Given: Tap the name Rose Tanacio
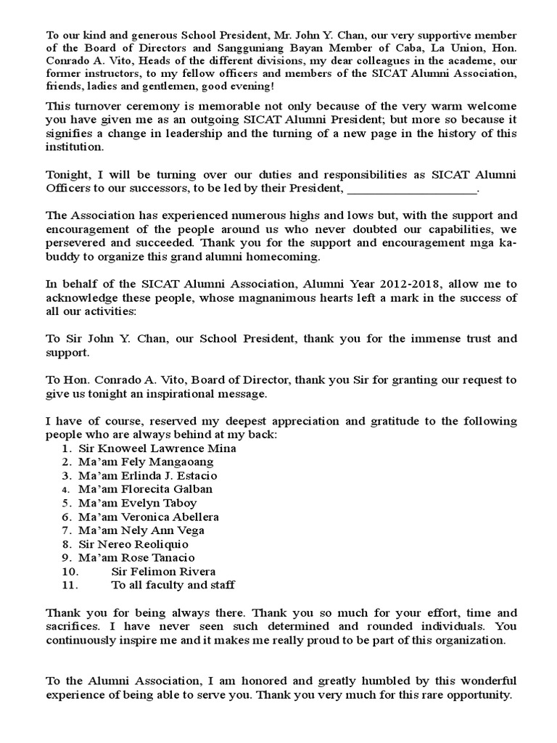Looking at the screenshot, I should click(x=157, y=558).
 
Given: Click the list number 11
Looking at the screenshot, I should click(x=69, y=586).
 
